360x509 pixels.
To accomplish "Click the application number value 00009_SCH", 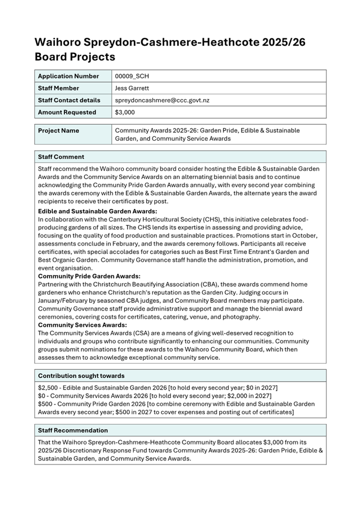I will [132, 76].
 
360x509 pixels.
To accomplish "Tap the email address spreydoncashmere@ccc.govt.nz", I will [162, 100].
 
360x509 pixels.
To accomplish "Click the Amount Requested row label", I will [67, 112].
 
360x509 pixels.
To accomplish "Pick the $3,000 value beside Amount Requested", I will [125, 112].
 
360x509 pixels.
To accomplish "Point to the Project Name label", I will [59, 131].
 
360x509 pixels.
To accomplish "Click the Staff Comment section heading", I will [61, 157].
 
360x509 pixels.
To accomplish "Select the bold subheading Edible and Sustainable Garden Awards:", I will [98, 211].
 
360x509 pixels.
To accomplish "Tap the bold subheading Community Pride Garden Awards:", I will [89, 276].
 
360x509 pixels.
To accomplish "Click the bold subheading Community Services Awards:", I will [82, 325].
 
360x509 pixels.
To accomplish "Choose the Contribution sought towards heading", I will [81, 376].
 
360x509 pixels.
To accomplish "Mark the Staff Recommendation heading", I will [73, 430].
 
